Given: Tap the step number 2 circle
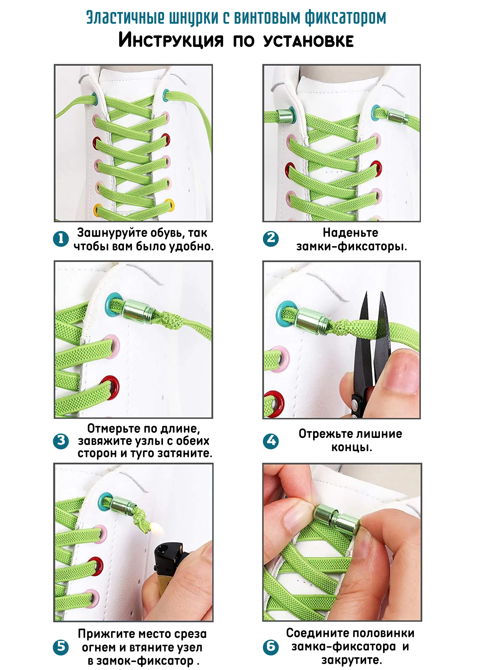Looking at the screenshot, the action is click(271, 238).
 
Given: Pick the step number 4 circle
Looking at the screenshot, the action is click(271, 441).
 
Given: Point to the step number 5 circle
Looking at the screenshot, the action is click(61, 648).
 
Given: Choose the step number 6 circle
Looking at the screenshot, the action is click(271, 647).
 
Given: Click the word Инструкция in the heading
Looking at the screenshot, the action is click(171, 40).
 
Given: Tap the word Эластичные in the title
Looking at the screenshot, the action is click(125, 18).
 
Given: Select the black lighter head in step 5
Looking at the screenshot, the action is click(168, 557).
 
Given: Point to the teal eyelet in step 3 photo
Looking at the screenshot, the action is click(115, 305).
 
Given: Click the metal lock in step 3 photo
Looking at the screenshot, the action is click(138, 312).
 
